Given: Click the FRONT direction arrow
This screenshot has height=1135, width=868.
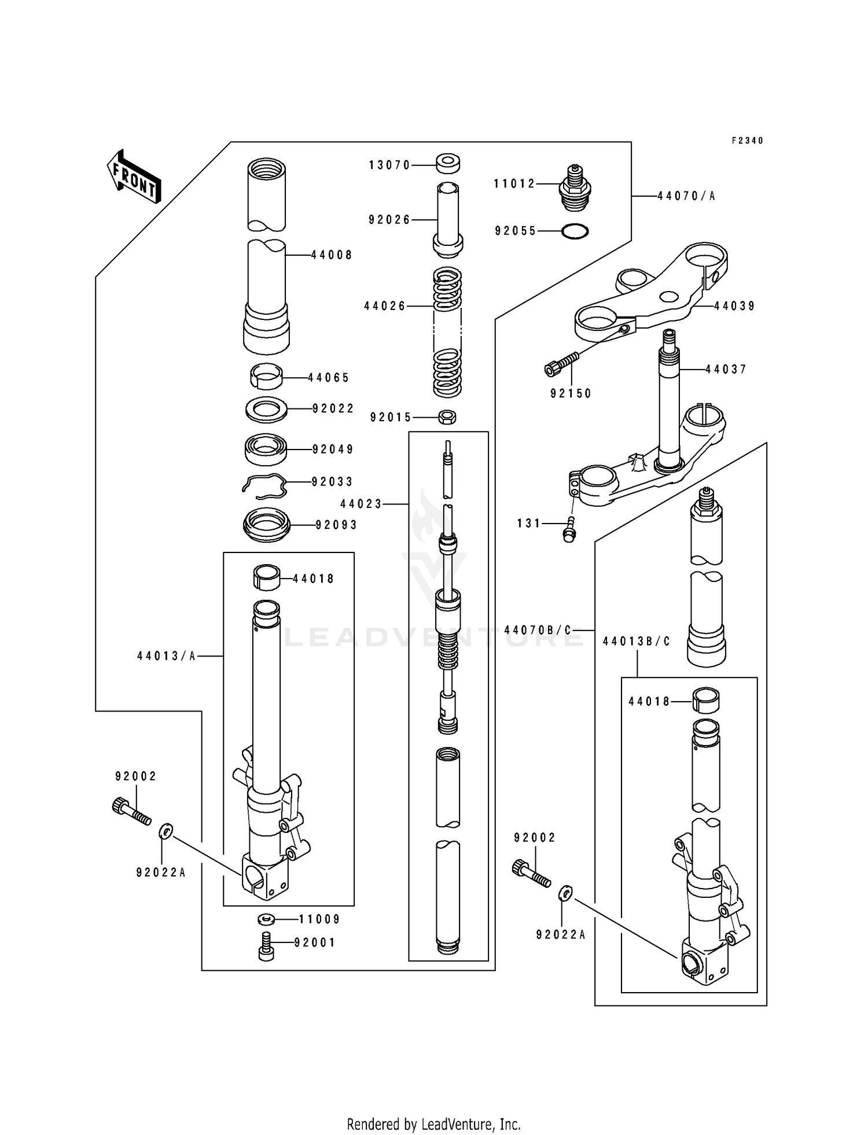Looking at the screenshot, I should click(x=134, y=176).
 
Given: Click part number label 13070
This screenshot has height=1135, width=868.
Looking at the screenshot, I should click(x=389, y=165).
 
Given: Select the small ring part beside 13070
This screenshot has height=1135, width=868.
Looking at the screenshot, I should click(x=448, y=163).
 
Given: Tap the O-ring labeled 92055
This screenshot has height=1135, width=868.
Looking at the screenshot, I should click(x=575, y=231).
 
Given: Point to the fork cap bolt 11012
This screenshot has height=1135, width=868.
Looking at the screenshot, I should click(x=575, y=186).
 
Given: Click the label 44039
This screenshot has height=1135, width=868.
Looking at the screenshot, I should click(x=734, y=306).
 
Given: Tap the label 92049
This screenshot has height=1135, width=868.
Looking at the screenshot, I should click(x=333, y=449).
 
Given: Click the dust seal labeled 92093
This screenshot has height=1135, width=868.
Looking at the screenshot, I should click(x=266, y=525).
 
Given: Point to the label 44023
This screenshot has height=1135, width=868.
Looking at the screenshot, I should click(x=361, y=504).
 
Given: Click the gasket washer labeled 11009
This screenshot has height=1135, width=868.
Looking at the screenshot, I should click(x=266, y=919).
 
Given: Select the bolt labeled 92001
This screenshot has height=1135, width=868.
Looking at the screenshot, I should click(x=266, y=946).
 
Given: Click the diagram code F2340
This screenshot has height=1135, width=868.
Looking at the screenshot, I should click(x=747, y=141).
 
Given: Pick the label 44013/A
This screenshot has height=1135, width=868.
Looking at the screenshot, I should click(x=167, y=656).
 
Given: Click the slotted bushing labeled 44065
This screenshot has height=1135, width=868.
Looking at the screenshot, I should click(x=266, y=377).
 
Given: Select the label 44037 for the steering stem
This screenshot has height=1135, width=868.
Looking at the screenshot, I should click(x=726, y=369).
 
